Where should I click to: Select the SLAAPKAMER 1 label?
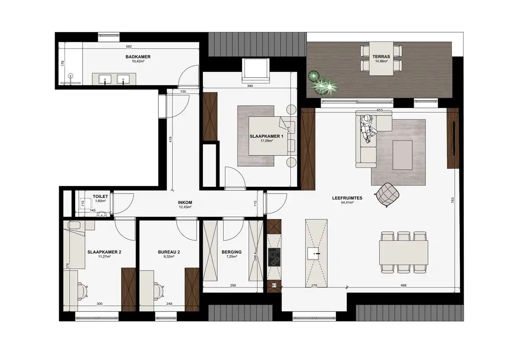(x=266, y=136)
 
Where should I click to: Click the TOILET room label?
(x=100, y=197)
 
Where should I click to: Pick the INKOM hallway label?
(x=185, y=202)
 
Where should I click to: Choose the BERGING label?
(x=232, y=252)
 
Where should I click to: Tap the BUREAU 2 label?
(x=169, y=252)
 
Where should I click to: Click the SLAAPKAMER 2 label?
(x=104, y=252)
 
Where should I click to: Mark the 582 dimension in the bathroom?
(x=129, y=47)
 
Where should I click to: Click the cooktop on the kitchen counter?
(x=274, y=257)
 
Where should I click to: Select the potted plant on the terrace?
(x=323, y=83)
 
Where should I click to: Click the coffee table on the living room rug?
(x=403, y=154)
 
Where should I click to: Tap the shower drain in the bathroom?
(x=71, y=76)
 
